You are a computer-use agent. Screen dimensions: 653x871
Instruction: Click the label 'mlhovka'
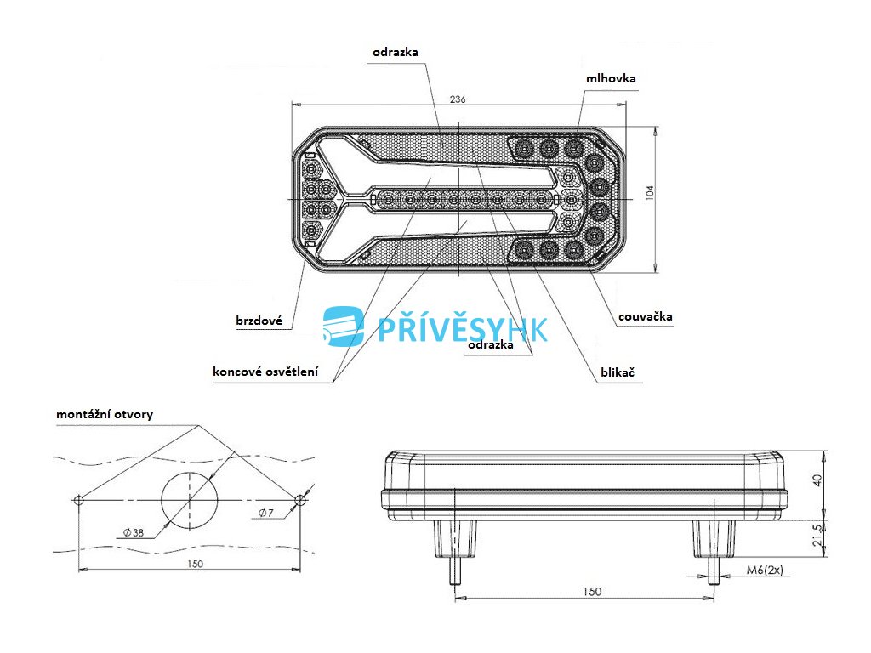pyautogui.click(x=611, y=78)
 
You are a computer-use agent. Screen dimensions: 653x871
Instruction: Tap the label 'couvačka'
pyautogui.click(x=645, y=316)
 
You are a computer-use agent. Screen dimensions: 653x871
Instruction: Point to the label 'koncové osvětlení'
pyautogui.click(x=266, y=372)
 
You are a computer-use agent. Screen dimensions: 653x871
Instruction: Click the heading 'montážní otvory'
pyautogui.click(x=105, y=414)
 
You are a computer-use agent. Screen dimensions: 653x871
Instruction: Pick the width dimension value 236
pyautogui.click(x=458, y=99)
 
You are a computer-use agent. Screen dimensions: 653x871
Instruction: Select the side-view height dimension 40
pyautogui.click(x=817, y=481)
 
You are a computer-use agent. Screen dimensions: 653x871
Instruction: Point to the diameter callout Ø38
pyautogui.click(x=133, y=532)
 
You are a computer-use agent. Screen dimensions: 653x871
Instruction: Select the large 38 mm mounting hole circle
pyautogui.click(x=189, y=500)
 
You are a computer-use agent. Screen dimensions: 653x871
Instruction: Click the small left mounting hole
pyautogui.click(x=79, y=500)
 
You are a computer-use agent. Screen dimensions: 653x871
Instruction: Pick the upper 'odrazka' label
pyautogui.click(x=396, y=52)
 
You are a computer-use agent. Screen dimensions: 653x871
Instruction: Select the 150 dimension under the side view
pyautogui.click(x=593, y=591)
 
